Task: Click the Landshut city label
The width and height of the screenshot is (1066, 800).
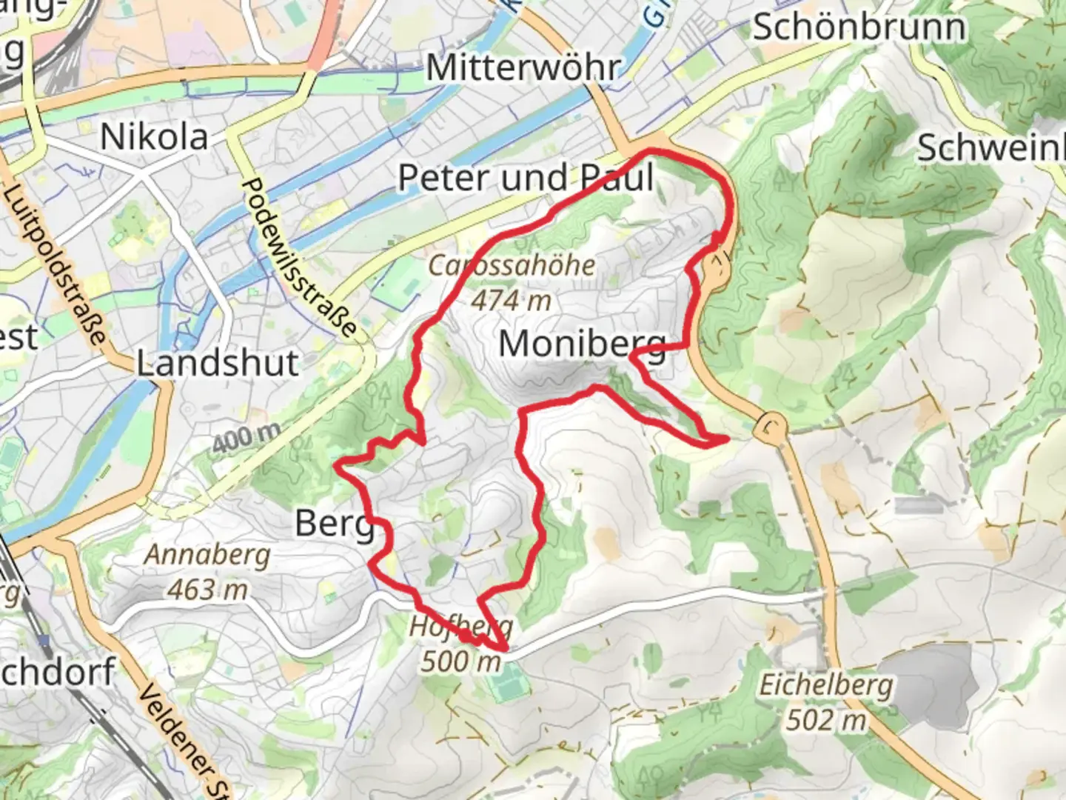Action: [218, 363]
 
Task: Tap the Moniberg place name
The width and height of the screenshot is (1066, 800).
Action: [583, 344]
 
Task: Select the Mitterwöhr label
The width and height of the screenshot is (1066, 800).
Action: [523, 68]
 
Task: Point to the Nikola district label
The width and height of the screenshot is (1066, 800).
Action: [154, 137]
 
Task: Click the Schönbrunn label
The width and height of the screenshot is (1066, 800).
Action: [859, 28]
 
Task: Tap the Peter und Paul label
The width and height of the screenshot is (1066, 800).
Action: [526, 178]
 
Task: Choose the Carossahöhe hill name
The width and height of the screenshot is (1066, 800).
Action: [512, 265]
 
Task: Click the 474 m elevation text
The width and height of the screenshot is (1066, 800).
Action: [512, 300]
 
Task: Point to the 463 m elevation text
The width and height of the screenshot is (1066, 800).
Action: [207, 590]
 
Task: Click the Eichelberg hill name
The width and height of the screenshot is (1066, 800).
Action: [826, 684]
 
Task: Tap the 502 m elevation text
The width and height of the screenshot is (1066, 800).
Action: [826, 719]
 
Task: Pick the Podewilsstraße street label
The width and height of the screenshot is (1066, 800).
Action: [300, 256]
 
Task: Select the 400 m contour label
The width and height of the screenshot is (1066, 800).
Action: [246, 437]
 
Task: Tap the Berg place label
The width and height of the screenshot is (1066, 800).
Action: [335, 524]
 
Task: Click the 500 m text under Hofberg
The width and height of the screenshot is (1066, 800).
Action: [461, 661]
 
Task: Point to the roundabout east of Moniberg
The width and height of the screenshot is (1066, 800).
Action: [771, 427]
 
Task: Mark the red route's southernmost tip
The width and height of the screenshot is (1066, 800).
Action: [505, 650]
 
